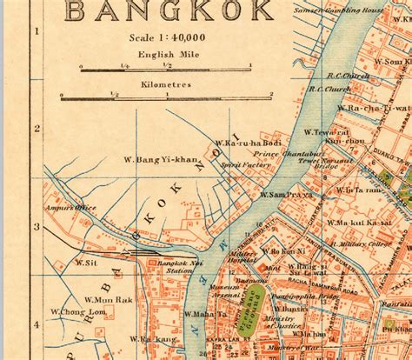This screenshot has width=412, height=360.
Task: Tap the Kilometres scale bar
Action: (165, 97)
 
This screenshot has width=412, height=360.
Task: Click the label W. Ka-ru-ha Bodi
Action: (249, 143)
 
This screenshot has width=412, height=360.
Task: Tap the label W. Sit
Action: (85, 261)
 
